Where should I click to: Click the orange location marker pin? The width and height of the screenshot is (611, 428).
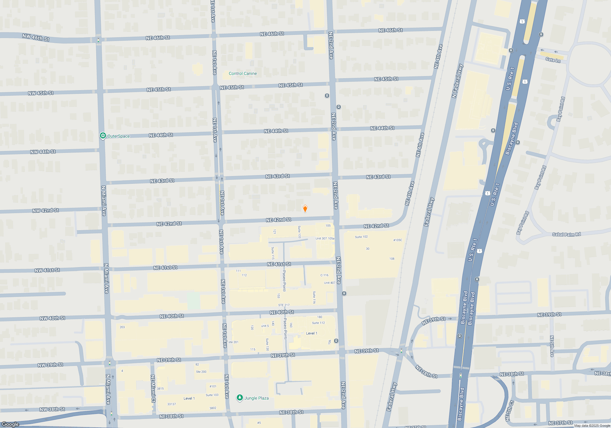click(305, 209)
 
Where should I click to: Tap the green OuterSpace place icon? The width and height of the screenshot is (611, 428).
click(103, 136)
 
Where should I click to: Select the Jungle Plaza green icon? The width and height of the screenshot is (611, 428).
click(240, 398)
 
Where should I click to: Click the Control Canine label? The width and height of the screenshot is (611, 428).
click(243, 73)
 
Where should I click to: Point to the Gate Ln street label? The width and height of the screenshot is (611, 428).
click(553, 60)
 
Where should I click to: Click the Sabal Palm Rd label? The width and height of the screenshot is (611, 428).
click(566, 234)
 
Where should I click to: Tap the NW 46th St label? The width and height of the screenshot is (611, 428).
click(36, 37)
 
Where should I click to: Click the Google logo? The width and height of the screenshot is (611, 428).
click(10, 424)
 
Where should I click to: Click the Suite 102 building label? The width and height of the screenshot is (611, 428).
click(361, 237)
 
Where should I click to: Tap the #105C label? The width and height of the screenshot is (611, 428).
click(397, 240)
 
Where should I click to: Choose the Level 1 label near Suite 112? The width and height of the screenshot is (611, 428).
click(312, 333)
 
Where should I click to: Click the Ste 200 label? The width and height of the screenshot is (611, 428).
click(201, 372)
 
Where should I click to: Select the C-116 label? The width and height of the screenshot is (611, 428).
click(324, 275)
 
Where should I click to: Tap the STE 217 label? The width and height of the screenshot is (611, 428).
click(284, 305)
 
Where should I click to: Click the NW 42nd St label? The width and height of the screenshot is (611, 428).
click(46, 210)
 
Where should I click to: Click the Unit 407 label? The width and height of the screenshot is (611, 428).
click(330, 283)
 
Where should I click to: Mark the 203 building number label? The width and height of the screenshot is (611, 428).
click(122, 327)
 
